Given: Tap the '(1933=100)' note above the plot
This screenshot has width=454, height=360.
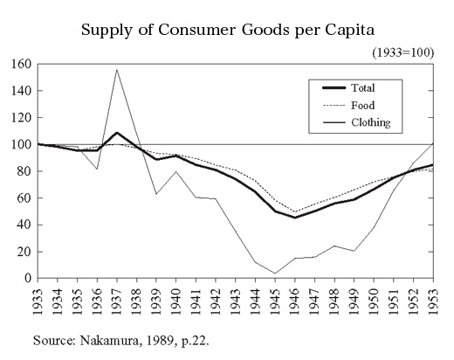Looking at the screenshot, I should click(402, 53).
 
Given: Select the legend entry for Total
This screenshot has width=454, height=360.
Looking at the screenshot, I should click(361, 87).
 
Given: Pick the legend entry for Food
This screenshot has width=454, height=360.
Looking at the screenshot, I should click(361, 105).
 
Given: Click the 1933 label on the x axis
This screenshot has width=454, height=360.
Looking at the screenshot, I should click(38, 301).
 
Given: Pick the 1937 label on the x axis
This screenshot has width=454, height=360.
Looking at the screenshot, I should click(116, 301).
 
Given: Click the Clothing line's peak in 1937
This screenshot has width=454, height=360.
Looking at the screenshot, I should click(116, 70).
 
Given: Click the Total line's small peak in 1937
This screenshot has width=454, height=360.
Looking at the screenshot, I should click(116, 133).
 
